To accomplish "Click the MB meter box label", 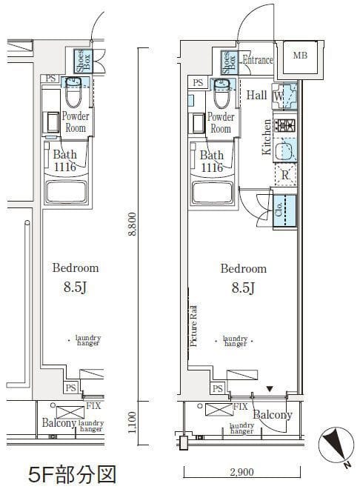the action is tap(300, 56).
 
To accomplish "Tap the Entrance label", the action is tap(258, 59).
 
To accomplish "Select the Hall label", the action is tap(256, 95).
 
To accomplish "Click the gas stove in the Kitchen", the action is tap(284, 125).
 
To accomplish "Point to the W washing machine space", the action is tap(284, 96).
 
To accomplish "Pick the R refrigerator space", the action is tap(285, 175).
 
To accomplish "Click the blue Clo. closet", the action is tap(284, 210).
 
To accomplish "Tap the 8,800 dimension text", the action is tap(133, 224).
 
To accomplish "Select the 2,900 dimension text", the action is tap(241, 472).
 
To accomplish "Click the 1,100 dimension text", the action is tap(133, 422).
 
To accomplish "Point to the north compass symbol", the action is tap(334, 445).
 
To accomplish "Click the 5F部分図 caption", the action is tap(72, 474).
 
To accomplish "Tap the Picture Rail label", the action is tap(193, 326).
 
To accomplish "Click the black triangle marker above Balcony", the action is tap(270, 389).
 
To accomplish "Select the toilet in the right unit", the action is tap(221, 93).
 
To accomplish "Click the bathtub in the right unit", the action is tap(213, 193).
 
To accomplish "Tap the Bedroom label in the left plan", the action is tap(76, 268).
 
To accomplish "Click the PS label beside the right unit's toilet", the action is tap(198, 83).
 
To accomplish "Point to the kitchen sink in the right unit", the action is tap(284, 150).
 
